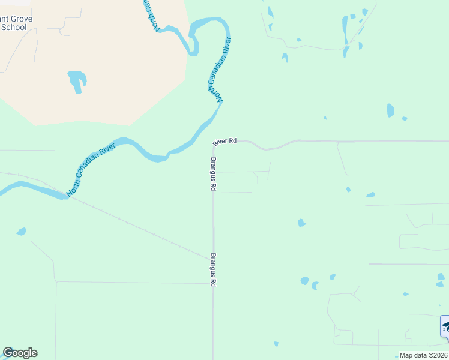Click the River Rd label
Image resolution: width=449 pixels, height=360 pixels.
click(224, 141)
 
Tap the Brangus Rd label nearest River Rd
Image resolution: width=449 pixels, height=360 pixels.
click(213, 174)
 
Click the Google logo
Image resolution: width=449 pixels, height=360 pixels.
click(20, 353)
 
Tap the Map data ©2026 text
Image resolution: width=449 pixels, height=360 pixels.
click(423, 355)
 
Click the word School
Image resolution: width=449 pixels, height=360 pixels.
click(14, 27)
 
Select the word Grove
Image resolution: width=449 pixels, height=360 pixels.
click(20, 19)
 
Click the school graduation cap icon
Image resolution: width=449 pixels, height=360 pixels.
click(445, 326)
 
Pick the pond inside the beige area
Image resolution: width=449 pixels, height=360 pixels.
click(77, 81)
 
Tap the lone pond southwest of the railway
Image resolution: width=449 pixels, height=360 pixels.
click(22, 231)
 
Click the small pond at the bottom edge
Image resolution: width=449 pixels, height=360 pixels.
click(276, 344)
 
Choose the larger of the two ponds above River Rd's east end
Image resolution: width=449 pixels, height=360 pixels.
click(391, 110)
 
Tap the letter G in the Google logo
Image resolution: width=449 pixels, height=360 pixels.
click(8, 353)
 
